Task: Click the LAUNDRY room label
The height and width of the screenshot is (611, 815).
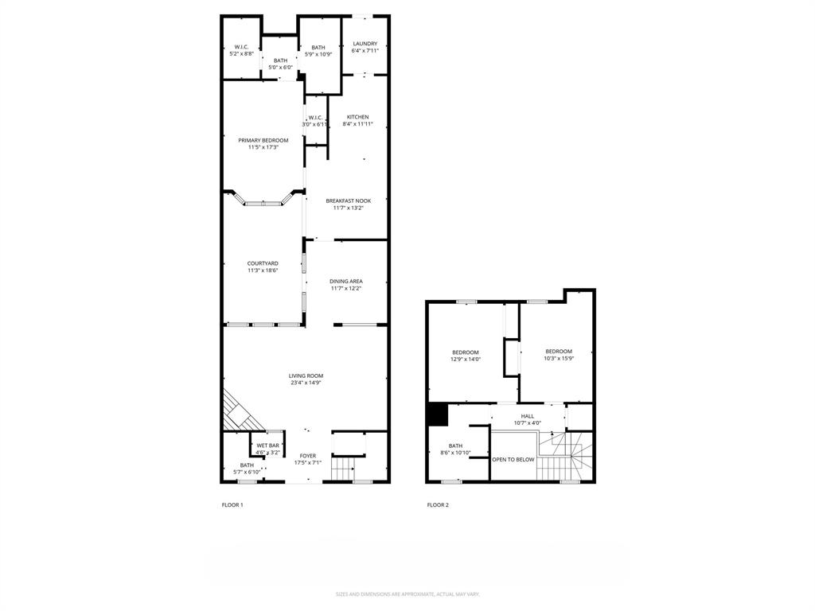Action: (x=365, y=44)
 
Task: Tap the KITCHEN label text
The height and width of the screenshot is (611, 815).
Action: (x=357, y=117)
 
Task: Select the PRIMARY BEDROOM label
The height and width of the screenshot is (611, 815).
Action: (x=263, y=140)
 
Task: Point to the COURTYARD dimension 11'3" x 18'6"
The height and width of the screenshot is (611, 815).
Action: (x=262, y=270)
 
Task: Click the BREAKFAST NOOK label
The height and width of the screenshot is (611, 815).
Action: (x=348, y=201)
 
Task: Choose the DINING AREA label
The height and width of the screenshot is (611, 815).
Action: (x=346, y=281)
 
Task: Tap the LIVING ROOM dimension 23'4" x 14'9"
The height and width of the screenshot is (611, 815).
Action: (x=306, y=383)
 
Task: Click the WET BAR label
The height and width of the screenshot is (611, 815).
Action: (x=267, y=446)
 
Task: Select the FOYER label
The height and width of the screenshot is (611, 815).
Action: (x=307, y=456)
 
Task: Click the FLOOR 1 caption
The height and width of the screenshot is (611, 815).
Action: (x=232, y=504)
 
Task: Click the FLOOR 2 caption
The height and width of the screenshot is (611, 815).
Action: (x=438, y=504)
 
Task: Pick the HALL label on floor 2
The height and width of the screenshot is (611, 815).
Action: (x=527, y=416)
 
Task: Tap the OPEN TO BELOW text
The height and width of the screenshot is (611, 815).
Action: (x=513, y=459)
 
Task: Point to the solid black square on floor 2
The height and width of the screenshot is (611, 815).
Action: (x=437, y=414)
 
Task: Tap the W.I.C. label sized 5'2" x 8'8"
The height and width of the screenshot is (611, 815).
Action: (x=241, y=50)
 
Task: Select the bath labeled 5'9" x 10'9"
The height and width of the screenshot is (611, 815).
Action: (x=318, y=51)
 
